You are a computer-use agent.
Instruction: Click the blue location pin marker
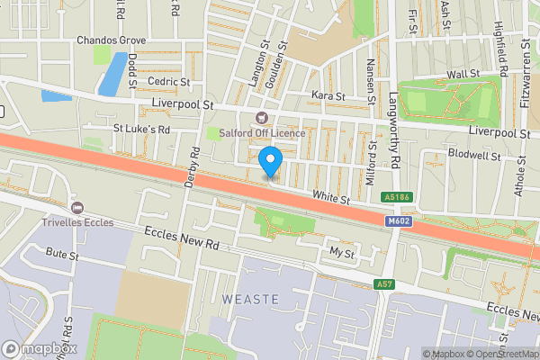tap(270, 163)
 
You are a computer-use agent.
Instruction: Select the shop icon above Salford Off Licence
tap(263, 117)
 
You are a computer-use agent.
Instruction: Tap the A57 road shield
tap(384, 284)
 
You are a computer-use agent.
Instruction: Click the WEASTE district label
tap(250, 298)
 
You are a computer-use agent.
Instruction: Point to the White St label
tap(330, 196)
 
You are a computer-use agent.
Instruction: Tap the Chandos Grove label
tap(111, 40)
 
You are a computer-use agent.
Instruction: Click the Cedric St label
tap(169, 81)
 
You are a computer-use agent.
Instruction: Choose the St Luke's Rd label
tap(141, 129)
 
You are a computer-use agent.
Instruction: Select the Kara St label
tap(328, 95)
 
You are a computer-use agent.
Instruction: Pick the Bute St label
tap(58, 255)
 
